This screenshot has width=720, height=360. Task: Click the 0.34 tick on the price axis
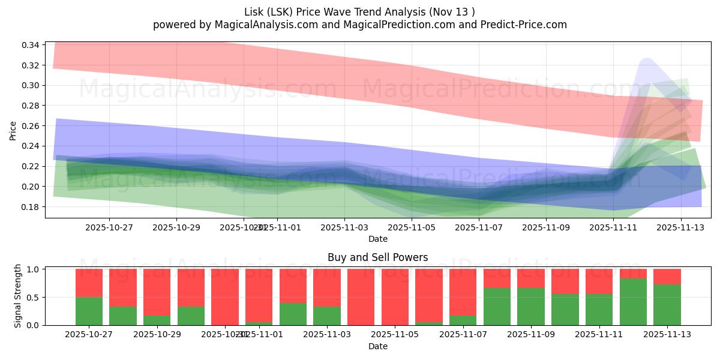click(x=31, y=45)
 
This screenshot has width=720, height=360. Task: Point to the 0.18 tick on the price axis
click(x=31, y=207)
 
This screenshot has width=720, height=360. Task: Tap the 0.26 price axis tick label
click(x=31, y=126)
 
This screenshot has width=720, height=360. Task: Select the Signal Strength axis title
click(x=18, y=296)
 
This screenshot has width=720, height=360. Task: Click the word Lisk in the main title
click(x=256, y=12)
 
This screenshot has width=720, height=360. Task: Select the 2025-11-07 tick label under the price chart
click(x=479, y=228)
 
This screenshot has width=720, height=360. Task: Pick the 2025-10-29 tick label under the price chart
click(x=176, y=228)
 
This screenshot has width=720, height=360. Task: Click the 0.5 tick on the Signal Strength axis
click(x=34, y=297)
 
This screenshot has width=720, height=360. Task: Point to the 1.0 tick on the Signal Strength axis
click(x=34, y=269)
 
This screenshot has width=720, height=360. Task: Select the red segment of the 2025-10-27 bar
click(x=89, y=283)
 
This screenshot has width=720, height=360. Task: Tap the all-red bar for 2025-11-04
click(x=361, y=297)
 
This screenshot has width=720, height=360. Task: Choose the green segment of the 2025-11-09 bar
click(x=531, y=307)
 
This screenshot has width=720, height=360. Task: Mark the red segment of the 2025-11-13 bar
click(x=667, y=276)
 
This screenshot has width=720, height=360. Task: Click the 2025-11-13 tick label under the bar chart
click(x=667, y=335)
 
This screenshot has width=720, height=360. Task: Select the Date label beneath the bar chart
click(x=377, y=346)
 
